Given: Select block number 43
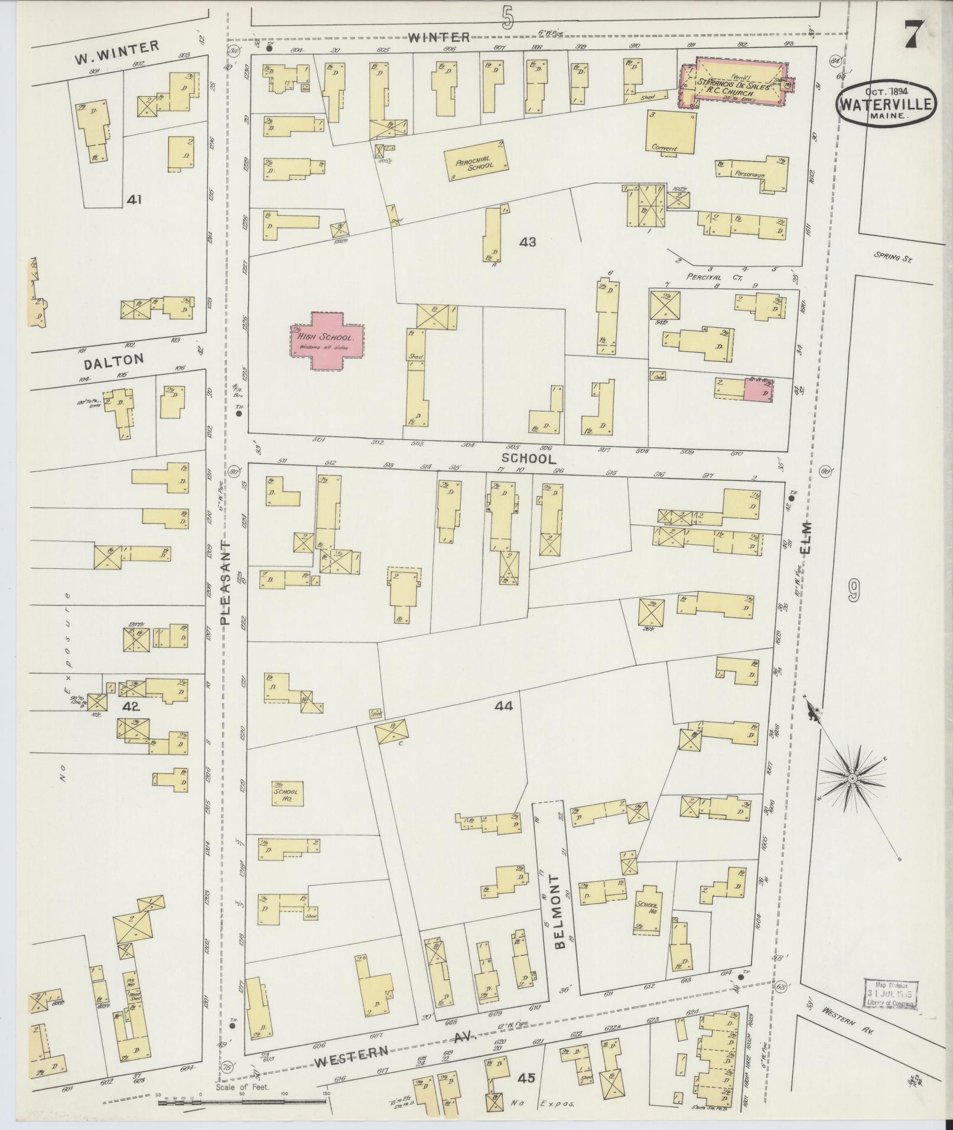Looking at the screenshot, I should tap(527, 241).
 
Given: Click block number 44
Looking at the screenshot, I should tap(505, 705).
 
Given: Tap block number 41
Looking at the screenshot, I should tap(134, 200).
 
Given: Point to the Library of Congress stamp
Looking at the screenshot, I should tap(890, 994).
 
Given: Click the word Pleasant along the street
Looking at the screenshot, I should tap(226, 581).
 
